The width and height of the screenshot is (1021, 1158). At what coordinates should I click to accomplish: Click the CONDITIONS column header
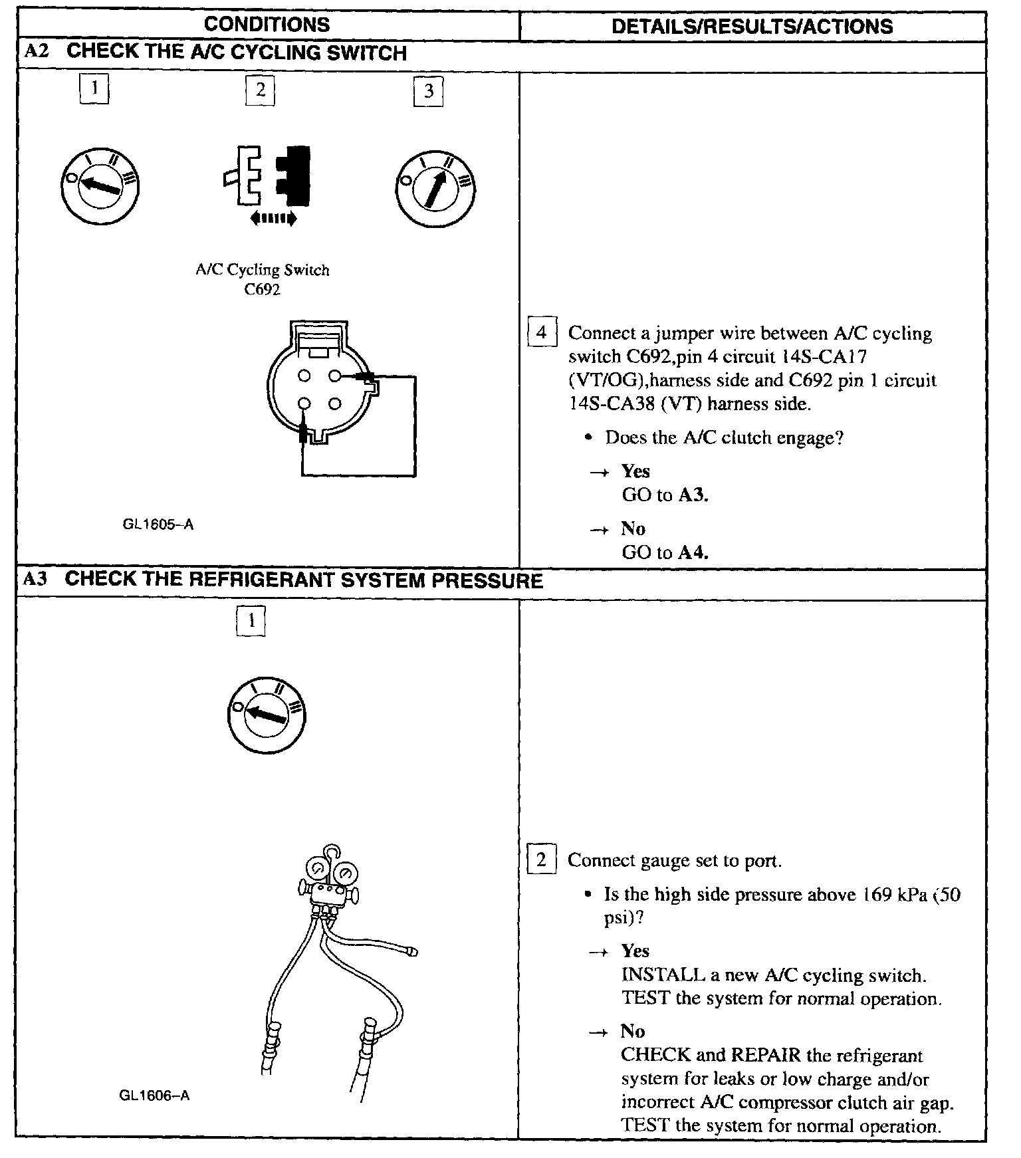267,25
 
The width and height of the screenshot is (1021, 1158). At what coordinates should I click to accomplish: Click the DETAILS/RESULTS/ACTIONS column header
752,26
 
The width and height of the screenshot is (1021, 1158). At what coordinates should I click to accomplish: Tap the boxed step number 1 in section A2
94,88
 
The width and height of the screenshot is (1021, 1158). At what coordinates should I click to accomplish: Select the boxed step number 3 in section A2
428,91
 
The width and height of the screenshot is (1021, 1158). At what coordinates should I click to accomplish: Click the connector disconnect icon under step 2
267,175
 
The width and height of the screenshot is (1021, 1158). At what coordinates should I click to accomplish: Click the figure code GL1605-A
158,524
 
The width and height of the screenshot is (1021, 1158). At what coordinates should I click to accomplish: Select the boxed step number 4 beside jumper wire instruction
541,332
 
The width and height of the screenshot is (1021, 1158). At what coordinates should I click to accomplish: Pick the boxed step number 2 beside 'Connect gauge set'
541,860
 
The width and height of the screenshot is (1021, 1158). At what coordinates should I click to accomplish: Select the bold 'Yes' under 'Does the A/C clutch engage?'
635,471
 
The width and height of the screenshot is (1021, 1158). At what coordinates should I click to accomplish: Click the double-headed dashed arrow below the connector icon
273,218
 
